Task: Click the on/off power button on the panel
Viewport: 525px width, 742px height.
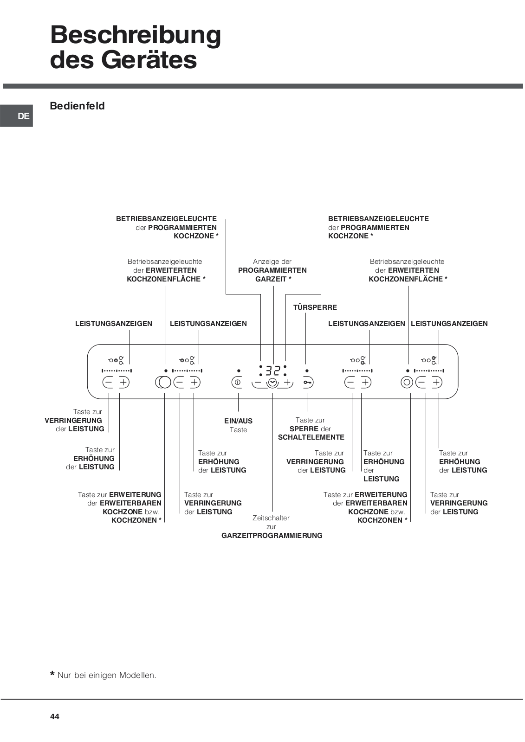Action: pyautogui.click(x=237, y=383)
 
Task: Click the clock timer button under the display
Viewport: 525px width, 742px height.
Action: pyautogui.click(x=272, y=383)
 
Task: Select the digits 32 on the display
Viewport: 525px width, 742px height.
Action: pyautogui.click(x=273, y=370)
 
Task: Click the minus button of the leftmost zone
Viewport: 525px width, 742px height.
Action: pyautogui.click(x=108, y=383)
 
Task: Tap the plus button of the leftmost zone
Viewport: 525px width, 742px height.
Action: pyautogui.click(x=123, y=383)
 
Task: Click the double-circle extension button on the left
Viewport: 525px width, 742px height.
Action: pyautogui.click(x=163, y=383)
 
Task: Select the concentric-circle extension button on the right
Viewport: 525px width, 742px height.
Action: pyautogui.click(x=407, y=383)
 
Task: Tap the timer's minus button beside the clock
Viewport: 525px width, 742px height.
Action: pyautogui.click(x=258, y=383)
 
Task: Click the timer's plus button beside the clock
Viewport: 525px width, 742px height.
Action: pyautogui.click(x=287, y=383)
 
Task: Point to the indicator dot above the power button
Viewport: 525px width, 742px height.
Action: pyautogui.click(x=239, y=371)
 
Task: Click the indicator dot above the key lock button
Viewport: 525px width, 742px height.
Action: pyautogui.click(x=307, y=371)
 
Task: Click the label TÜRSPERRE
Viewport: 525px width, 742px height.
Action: pyautogui.click(x=315, y=307)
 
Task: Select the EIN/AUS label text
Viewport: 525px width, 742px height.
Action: pyautogui.click(x=238, y=421)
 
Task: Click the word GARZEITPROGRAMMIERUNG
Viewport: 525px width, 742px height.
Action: pyautogui.click(x=272, y=536)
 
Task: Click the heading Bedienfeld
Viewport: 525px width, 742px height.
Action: pyautogui.click(x=77, y=106)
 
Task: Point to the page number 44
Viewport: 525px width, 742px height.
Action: pyautogui.click(x=55, y=716)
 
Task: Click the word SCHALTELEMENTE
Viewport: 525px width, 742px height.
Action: pyautogui.click(x=311, y=437)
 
